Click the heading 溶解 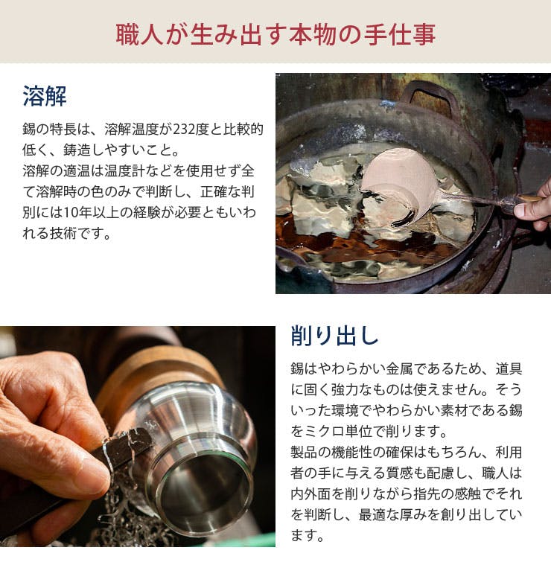pos(45,96)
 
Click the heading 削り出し pos(334,336)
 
